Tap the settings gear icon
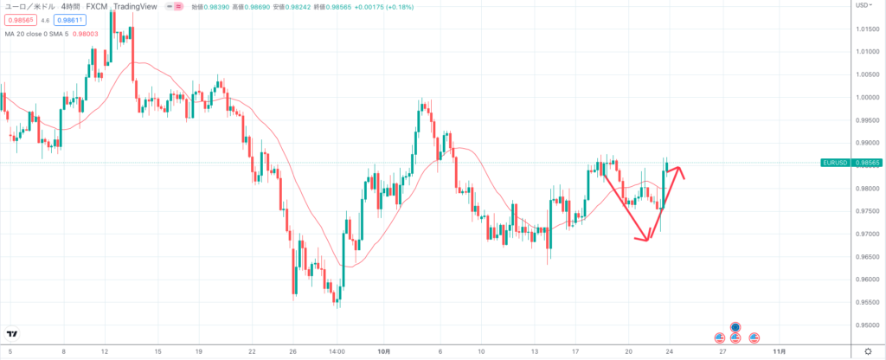pos(868,352)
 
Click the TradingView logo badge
pos(13,334)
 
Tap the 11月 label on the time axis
pos(779,352)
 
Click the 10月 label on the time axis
pos(384,352)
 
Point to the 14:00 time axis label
pos(337,352)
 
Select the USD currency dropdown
pos(863,6)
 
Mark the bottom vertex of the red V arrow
pos(646,240)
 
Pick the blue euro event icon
pos(735,326)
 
